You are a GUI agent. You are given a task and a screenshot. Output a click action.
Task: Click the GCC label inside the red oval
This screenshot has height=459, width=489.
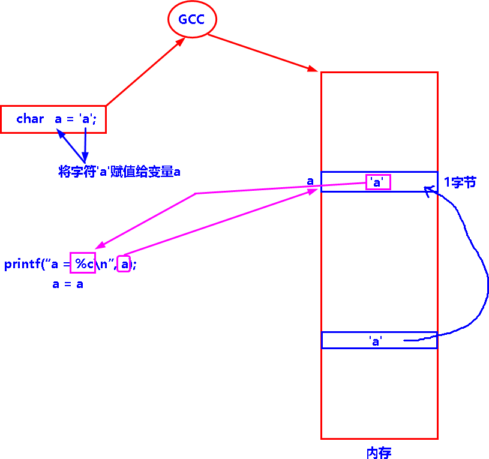pyautogui.click(x=191, y=19)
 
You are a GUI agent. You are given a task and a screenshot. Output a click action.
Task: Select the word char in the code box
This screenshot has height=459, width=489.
pyautogui.click(x=30, y=119)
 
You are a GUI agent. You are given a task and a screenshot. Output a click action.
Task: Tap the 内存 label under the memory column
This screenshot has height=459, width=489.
pyautogui.click(x=379, y=453)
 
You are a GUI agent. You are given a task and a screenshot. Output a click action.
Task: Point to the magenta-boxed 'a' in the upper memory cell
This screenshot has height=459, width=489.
pyautogui.click(x=378, y=182)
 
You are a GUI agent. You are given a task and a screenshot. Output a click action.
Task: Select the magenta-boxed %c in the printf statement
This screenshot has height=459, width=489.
pyautogui.click(x=83, y=263)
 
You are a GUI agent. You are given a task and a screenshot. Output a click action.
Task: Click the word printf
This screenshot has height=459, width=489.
pyautogui.click(x=22, y=264)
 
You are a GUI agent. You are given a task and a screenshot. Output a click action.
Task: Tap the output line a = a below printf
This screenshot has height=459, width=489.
pyautogui.click(x=67, y=284)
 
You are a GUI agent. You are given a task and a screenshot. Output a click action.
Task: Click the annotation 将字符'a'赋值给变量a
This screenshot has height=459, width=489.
pyautogui.click(x=119, y=172)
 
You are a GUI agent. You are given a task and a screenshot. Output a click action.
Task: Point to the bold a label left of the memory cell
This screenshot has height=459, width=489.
pyautogui.click(x=310, y=181)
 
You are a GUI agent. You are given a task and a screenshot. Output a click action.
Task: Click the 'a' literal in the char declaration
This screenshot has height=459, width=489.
pyautogui.click(x=85, y=119)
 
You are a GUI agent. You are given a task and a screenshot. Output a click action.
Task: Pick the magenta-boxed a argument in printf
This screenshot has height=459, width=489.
pyautogui.click(x=124, y=264)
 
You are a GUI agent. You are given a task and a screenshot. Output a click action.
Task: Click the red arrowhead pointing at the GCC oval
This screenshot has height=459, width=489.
pyautogui.click(x=181, y=43)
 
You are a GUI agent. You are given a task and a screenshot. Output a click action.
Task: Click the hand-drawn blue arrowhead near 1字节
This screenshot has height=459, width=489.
pyautogui.click(x=427, y=190)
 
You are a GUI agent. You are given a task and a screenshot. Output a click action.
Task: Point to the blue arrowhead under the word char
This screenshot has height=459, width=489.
pyautogui.click(x=61, y=134)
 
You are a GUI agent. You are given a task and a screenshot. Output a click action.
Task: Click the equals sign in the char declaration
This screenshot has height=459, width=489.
pyautogui.click(x=70, y=119)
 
